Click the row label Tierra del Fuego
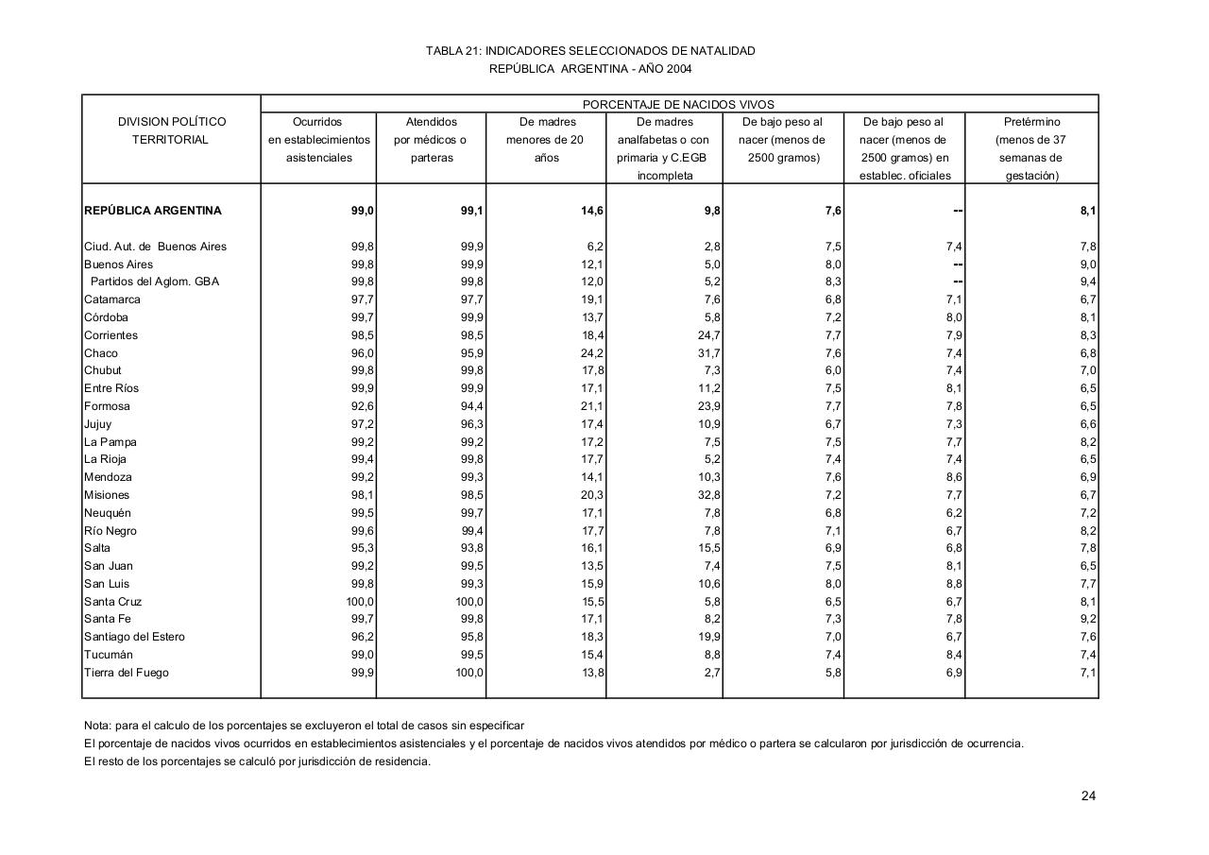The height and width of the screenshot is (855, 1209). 127,673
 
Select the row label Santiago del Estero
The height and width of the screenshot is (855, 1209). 134,637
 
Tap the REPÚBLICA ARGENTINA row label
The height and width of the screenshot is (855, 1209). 152,211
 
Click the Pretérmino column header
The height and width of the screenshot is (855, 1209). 1032,122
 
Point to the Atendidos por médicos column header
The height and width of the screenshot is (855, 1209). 431,140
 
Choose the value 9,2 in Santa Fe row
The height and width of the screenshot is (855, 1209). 1087,619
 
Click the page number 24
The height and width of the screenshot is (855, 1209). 1088,795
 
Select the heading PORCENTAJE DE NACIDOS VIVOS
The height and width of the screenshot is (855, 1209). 678,105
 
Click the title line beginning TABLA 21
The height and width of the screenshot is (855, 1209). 590,51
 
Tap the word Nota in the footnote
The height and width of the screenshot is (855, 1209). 96,726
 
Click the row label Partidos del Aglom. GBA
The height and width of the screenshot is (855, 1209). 154,282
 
